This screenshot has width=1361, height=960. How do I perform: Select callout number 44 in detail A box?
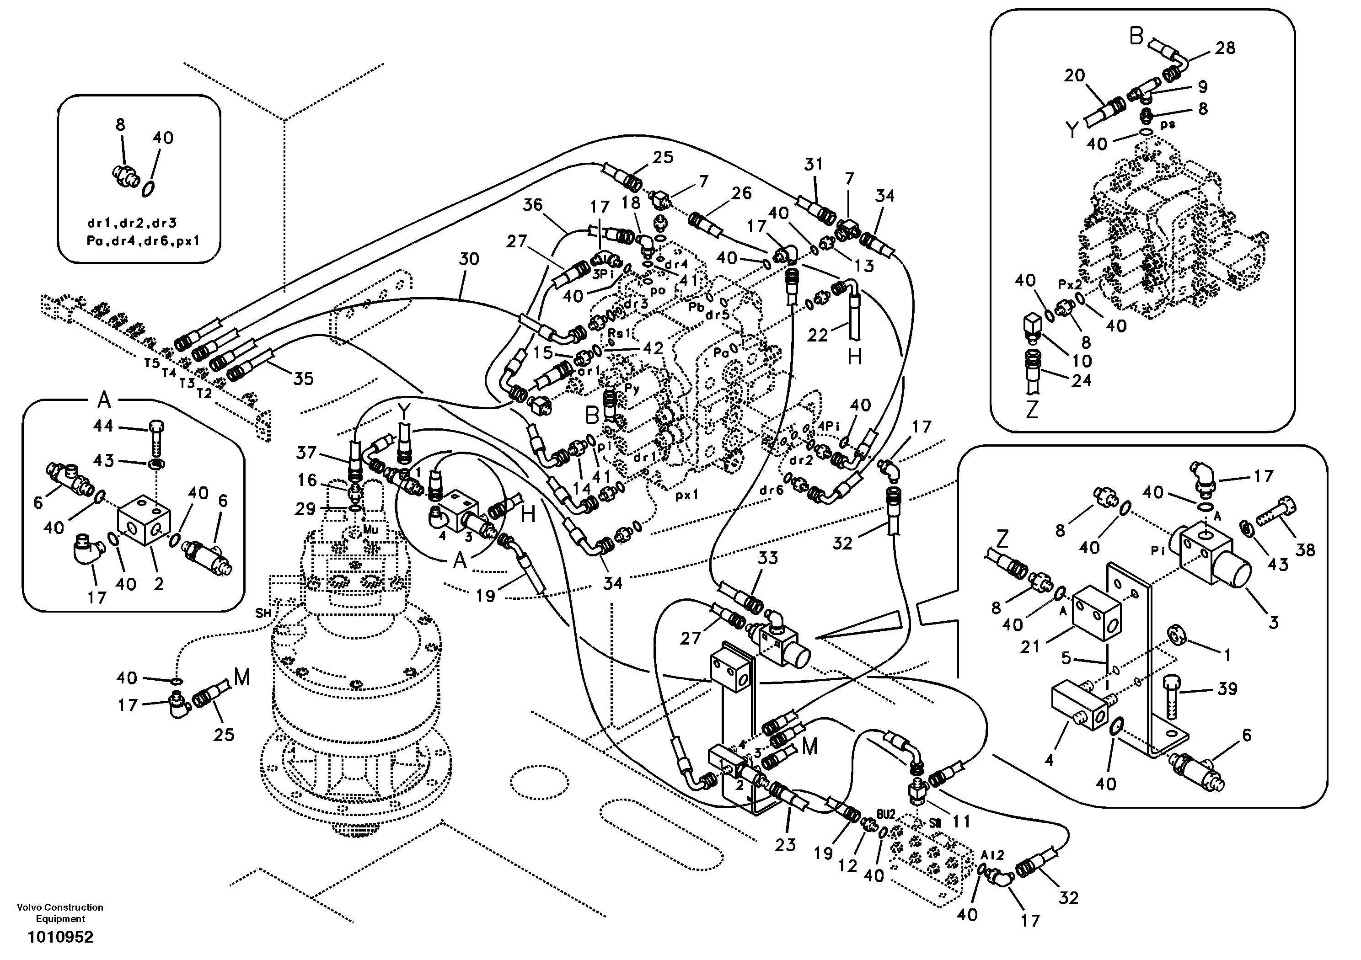click(104, 426)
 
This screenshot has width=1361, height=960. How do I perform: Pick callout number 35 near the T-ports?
click(304, 378)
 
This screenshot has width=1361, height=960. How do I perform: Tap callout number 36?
click(533, 205)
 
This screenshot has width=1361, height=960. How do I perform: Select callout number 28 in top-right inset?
click(1225, 48)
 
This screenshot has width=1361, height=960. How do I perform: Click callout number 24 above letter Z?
click(1081, 380)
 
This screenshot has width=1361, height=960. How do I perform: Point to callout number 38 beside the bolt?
click(1305, 550)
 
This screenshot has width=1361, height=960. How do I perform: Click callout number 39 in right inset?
click(1227, 688)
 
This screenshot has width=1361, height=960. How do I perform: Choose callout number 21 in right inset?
click(1029, 646)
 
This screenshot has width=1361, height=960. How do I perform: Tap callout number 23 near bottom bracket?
click(785, 844)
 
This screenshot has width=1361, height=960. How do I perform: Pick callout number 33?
click(768, 558)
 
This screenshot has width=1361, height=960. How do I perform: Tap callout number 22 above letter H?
click(817, 335)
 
